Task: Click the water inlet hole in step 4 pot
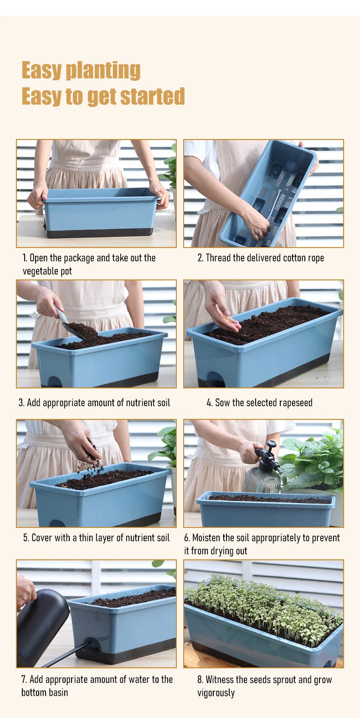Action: tap(214, 380)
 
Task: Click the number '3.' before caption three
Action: tap(21, 403)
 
